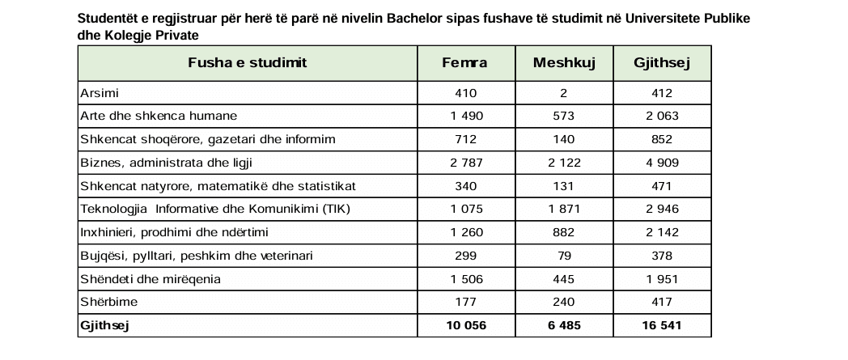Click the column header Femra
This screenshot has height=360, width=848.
point(465,63)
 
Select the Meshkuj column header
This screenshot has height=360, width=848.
point(564,63)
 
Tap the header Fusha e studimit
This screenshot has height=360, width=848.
point(247,63)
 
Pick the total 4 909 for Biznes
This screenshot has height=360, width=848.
point(661,163)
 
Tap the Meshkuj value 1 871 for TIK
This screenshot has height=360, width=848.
point(564,210)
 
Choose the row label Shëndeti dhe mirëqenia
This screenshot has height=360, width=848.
point(149,279)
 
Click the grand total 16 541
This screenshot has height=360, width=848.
point(661,326)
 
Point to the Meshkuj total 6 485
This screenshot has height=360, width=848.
point(564,326)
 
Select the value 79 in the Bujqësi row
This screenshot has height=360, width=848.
point(564,256)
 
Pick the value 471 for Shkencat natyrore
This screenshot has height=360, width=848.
point(661,186)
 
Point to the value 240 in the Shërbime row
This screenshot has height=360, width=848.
point(564,303)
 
